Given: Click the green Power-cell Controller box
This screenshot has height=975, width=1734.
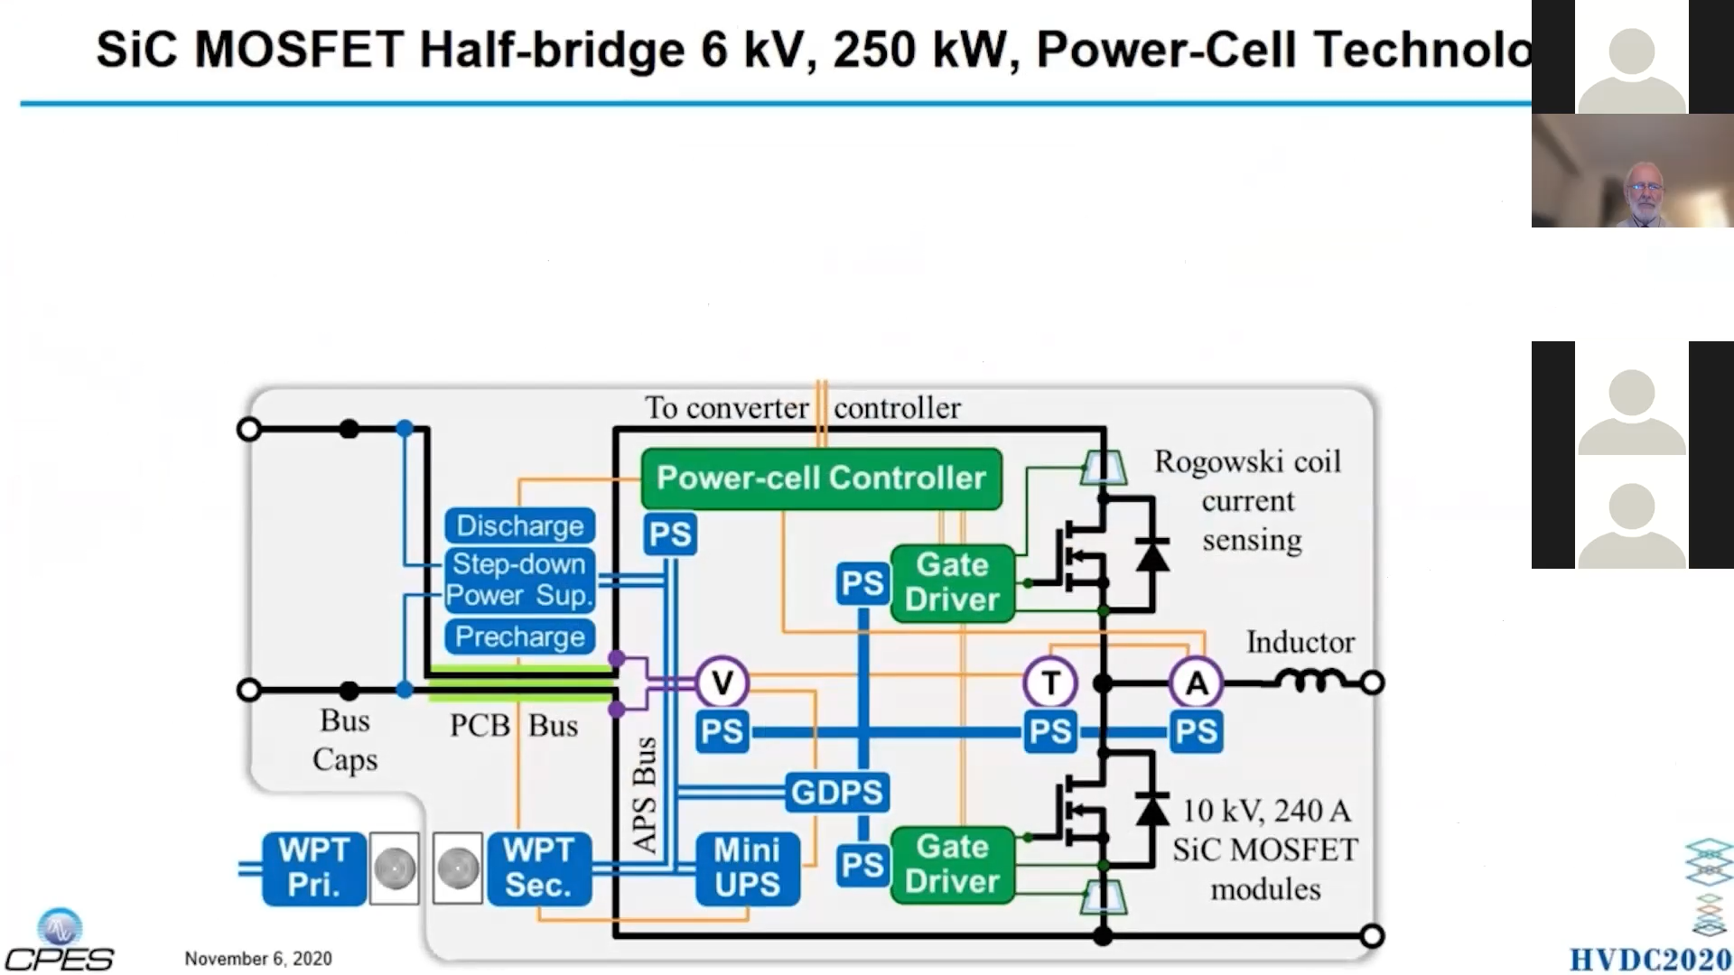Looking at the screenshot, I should [821, 478].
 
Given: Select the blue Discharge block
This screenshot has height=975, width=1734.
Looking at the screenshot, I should [519, 525].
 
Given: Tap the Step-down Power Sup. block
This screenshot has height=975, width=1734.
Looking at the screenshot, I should [519, 580].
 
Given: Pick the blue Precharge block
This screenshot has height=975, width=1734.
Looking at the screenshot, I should [519, 636].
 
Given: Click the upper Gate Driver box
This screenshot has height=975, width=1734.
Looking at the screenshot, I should [953, 582].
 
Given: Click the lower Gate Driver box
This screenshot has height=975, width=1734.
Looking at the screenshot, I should [953, 865].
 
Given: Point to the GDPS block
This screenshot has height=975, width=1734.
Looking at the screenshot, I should [836, 793].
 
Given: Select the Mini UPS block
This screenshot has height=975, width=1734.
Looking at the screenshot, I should [747, 868].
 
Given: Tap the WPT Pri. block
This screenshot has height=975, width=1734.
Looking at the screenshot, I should [313, 868].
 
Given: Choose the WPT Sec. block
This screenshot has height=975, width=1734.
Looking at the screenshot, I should [538, 868].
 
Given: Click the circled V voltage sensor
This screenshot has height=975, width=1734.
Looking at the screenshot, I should [722, 682].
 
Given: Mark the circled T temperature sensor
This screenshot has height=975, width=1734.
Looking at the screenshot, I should [1049, 682].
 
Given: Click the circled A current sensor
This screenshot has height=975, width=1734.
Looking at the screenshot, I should [1196, 682].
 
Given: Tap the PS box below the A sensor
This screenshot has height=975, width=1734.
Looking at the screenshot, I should [1196, 731].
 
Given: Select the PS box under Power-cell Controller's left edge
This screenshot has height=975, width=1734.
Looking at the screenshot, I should [669, 534].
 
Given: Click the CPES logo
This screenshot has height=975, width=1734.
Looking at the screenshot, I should [60, 942].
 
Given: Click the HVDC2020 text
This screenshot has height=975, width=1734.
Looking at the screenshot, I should [1650, 959].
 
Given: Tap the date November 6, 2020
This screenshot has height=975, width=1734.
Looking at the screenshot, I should [258, 959].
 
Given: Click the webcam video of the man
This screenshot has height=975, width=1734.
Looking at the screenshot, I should [1632, 171].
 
